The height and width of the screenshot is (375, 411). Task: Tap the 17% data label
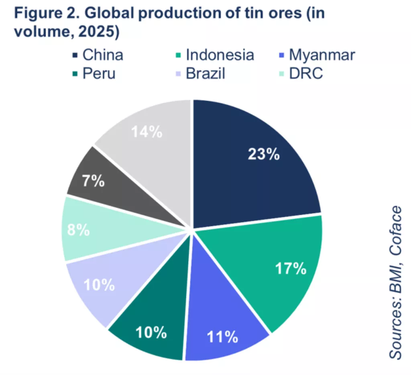tap(291, 268)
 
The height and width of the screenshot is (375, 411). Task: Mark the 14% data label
tap(147, 131)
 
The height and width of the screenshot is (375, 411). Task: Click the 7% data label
tap(94, 181)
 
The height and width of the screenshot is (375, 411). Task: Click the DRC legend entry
tap(305, 74)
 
